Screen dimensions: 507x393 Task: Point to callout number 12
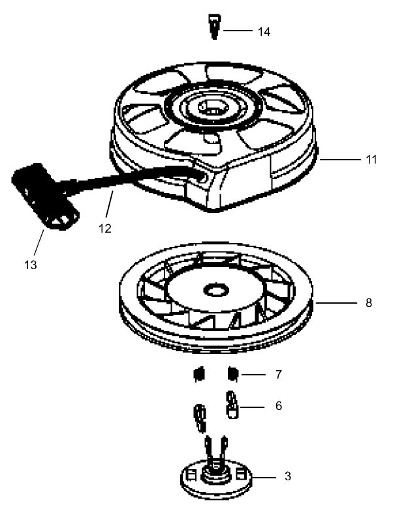105,229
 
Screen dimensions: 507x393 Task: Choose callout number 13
31,265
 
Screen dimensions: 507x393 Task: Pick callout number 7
279,375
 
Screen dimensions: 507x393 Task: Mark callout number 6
279,405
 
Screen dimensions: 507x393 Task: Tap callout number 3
287,477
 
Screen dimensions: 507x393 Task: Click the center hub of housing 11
213,106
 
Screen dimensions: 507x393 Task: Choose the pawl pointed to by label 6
232,403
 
